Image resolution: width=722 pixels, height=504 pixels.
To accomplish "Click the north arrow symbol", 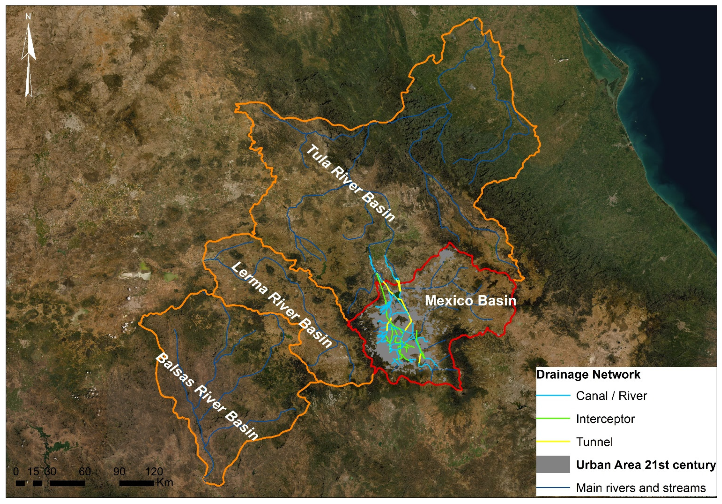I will point(28,60).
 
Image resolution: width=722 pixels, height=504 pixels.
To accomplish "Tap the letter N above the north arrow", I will point(28,17).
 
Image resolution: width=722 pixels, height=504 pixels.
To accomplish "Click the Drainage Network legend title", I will point(588,374).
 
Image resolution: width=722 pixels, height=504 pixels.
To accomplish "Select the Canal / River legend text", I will point(611,396).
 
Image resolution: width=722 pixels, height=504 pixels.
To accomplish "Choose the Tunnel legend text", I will point(594,442).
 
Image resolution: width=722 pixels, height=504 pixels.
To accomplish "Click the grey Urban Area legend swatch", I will point(553,464).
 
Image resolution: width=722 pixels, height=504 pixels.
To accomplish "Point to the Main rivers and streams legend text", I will point(641,488).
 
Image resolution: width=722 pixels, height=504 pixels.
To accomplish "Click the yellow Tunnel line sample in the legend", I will point(553,441).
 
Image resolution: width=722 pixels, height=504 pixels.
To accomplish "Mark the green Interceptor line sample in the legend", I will point(553,418).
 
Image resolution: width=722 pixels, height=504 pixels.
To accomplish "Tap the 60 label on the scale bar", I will point(85,471).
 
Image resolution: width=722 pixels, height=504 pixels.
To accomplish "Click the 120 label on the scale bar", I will point(154,471).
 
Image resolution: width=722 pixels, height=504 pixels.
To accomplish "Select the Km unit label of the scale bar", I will point(165,482).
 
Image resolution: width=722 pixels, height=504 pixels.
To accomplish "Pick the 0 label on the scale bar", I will point(16,471).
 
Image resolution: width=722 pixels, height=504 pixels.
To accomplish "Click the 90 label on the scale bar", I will point(119,471).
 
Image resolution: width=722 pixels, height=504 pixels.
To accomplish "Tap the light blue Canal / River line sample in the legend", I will point(553,396).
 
